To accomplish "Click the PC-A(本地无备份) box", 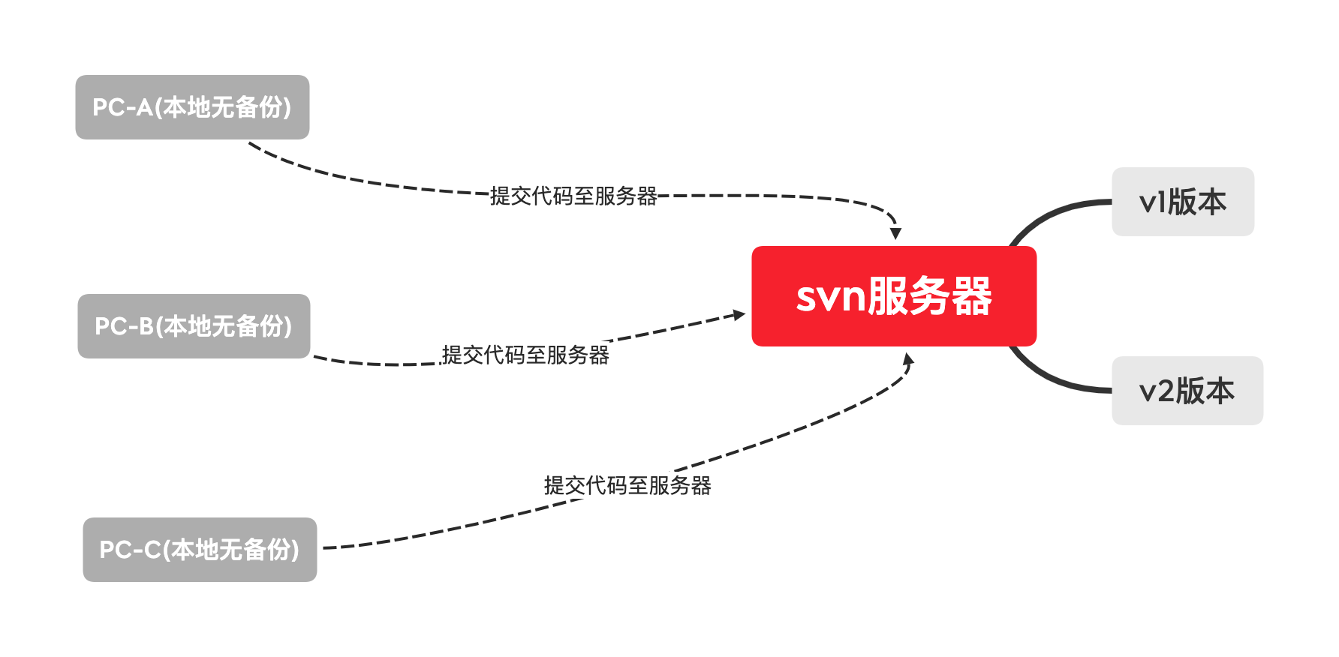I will pos(192,107).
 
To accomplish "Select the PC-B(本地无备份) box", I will pos(194,326).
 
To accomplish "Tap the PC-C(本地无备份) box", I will pos(200,550).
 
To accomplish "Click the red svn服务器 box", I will pos(894,296).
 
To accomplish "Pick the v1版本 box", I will pos(1183,202).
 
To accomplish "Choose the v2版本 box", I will pos(1187,391).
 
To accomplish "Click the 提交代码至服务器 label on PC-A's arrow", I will pos(573,196).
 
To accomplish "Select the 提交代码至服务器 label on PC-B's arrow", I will pos(525,355).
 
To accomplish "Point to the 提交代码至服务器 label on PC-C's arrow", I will pos(627,486).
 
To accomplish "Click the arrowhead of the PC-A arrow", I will pos(895,233).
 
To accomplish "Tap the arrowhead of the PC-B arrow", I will pos(739,315).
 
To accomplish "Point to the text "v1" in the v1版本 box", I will pos(1152,202).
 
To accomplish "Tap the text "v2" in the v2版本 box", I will pos(1156,391).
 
